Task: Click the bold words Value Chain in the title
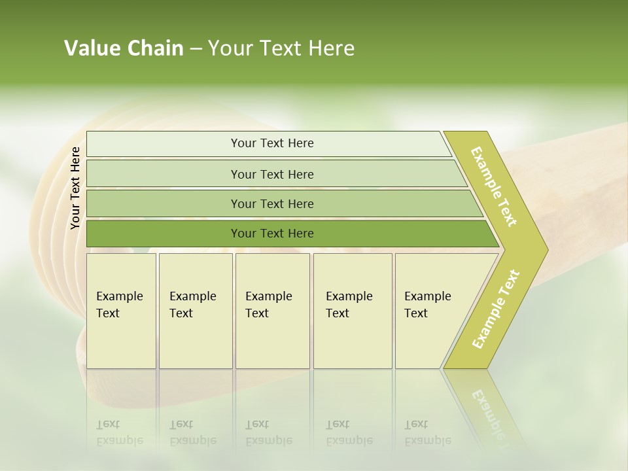click(124, 48)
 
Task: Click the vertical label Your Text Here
click(75, 188)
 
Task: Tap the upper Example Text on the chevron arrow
click(494, 186)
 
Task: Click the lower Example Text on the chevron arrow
click(495, 309)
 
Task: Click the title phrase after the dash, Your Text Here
click(281, 48)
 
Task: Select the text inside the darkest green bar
click(272, 234)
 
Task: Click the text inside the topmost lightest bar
click(272, 143)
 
